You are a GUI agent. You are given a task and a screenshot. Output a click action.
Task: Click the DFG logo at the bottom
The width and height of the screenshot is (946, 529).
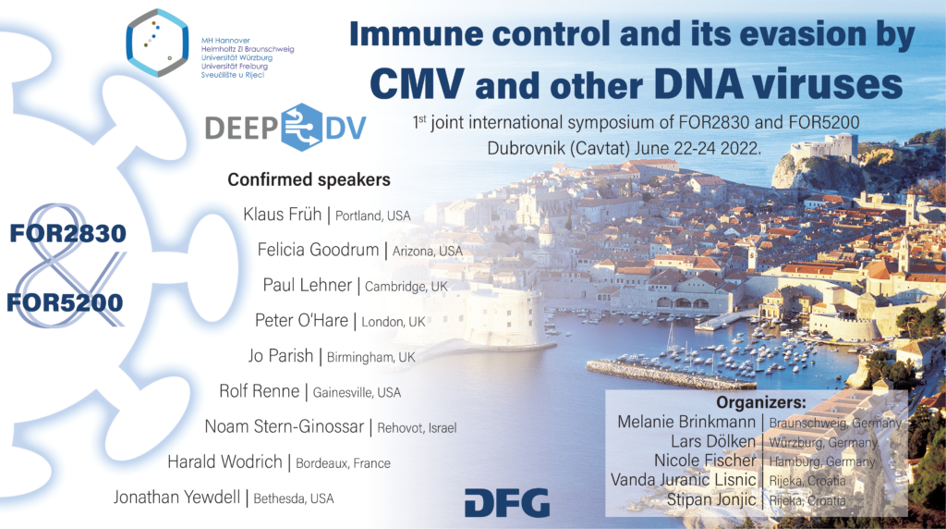click(507, 503)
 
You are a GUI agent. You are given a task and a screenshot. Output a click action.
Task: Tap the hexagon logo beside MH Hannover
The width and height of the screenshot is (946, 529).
click(157, 43)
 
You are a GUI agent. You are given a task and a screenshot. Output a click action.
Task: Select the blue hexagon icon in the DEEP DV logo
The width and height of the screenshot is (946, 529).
click(302, 128)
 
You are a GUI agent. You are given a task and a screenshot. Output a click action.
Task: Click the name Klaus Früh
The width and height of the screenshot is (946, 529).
click(283, 215)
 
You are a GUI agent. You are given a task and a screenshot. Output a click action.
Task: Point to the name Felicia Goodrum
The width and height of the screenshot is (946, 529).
click(318, 250)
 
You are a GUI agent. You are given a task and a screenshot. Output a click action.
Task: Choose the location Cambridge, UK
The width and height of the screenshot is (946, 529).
click(406, 287)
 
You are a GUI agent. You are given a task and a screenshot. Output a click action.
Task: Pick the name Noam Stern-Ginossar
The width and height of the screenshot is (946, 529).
click(285, 426)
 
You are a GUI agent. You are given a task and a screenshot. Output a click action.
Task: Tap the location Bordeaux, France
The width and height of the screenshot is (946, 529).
click(343, 463)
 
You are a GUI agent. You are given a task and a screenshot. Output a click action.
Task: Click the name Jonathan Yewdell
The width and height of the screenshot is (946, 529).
click(176, 497)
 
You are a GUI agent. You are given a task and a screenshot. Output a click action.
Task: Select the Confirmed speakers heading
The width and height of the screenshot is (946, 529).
click(309, 179)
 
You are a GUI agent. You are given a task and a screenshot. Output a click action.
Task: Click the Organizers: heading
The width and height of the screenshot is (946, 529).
click(761, 402)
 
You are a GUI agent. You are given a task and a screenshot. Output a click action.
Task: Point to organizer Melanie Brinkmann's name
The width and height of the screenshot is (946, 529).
click(686, 422)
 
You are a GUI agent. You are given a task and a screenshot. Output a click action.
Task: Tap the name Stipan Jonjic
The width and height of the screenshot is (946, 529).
click(711, 499)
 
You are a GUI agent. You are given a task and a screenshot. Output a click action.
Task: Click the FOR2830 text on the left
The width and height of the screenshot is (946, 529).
click(67, 234)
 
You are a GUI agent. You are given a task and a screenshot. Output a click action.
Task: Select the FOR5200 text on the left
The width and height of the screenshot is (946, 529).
click(66, 302)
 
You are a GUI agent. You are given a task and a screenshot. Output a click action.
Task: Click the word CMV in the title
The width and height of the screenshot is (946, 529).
click(417, 83)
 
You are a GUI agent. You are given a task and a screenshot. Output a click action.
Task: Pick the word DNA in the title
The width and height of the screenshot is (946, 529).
click(698, 83)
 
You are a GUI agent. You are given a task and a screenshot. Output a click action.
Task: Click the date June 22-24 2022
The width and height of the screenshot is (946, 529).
click(695, 148)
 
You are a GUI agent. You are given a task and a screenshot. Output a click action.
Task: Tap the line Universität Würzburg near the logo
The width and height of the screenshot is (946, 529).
click(236, 58)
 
